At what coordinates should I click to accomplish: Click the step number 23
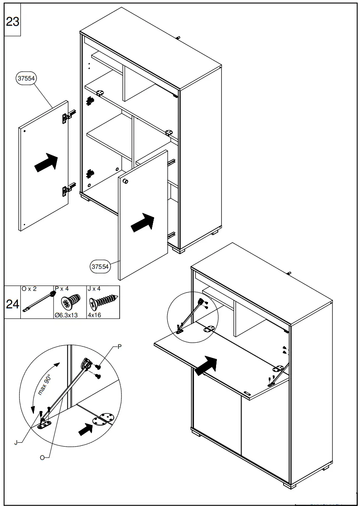pos(13,21)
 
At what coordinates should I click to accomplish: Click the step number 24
pos(12,304)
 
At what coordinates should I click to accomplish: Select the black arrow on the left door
pos(46,162)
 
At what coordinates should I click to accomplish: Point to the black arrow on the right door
pos(143,223)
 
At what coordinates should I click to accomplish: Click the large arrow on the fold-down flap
pos(206,365)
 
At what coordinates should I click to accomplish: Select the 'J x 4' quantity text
pos(94,289)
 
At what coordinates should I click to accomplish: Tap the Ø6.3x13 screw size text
pos(66,315)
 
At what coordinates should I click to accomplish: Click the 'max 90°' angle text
pos(44,384)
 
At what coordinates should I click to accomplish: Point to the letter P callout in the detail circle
pos(119,347)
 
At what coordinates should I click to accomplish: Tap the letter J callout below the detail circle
pos(16,443)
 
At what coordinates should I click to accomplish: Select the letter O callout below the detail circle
pos(42,457)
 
